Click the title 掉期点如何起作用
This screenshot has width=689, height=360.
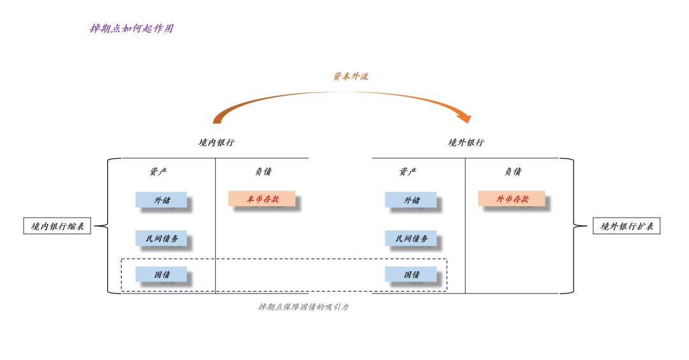point(131,29)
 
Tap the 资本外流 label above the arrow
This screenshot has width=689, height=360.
point(350,76)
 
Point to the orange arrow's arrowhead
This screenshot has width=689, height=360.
point(466,118)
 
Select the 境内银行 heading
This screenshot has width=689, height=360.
point(216,143)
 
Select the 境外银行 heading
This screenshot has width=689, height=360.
point(466,143)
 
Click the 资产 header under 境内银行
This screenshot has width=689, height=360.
point(158,172)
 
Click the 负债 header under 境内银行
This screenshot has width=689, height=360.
point(263,172)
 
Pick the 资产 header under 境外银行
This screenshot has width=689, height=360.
point(408,172)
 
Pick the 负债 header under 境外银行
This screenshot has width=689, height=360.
point(513,172)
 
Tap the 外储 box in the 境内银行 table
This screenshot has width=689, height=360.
point(161,200)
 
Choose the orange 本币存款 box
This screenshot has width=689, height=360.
point(262,199)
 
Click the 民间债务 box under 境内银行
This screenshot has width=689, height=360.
point(161,238)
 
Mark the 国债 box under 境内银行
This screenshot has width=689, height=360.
point(161,274)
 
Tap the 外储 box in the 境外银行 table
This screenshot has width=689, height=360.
point(411,200)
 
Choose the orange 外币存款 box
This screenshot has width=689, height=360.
point(512,199)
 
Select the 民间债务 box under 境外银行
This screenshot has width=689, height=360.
point(411,238)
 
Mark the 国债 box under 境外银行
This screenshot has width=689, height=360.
point(411,274)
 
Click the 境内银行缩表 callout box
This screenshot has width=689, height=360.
point(57,226)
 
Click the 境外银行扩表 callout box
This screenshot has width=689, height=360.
point(626,226)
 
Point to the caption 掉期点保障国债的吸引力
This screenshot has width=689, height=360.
point(304,307)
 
